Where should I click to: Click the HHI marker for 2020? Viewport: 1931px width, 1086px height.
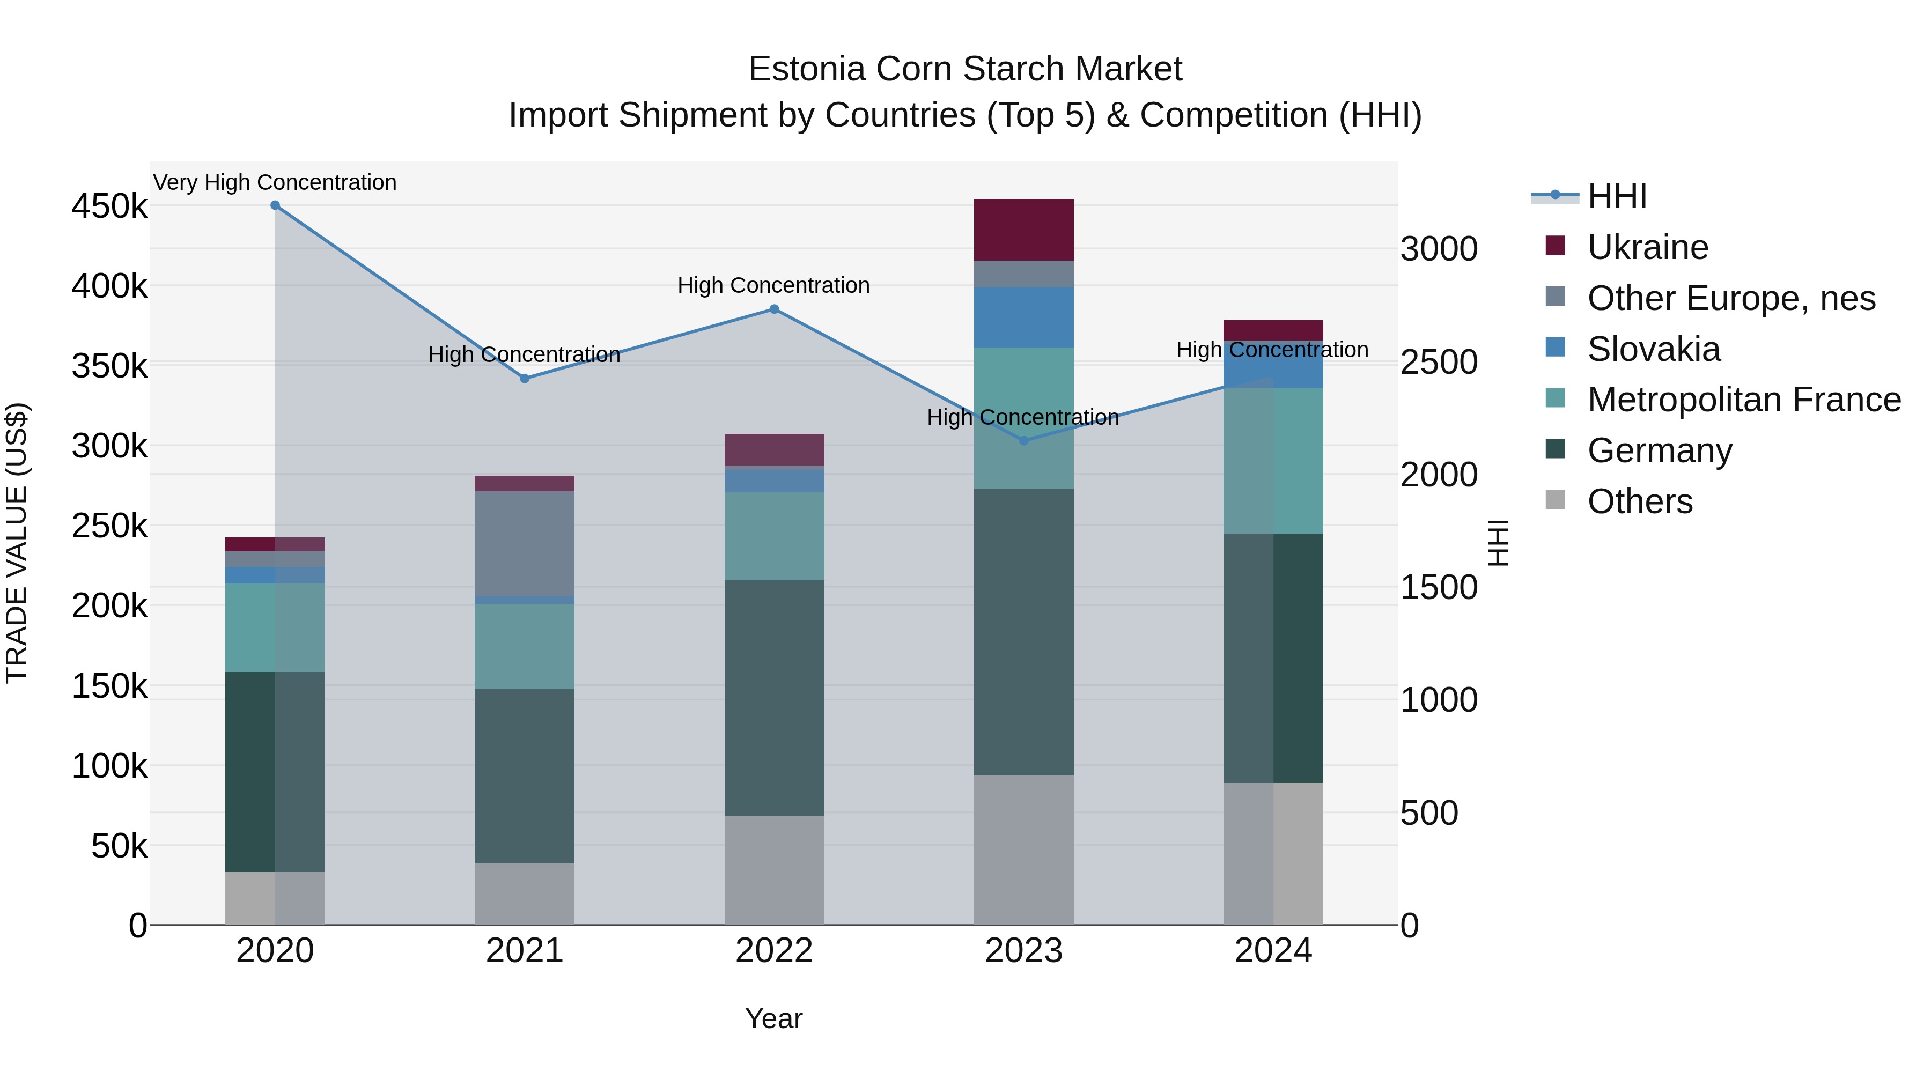275,205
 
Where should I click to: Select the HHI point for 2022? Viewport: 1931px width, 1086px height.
775,309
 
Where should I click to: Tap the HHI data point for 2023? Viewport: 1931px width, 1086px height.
1024,441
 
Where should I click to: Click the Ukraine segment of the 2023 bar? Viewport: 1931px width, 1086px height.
1024,230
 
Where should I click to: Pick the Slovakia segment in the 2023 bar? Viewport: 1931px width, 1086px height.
1024,317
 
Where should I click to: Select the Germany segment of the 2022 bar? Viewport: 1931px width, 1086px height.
775,697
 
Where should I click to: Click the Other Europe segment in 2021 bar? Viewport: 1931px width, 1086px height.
525,543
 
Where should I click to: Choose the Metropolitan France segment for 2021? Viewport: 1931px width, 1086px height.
525,646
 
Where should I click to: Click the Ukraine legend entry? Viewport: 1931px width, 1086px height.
1648,247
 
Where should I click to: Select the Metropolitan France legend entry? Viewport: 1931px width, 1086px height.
1744,400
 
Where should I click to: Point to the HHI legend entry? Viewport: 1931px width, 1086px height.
1617,196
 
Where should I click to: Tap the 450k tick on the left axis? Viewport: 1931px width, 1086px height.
109,206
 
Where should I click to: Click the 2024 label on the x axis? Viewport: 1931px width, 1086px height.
1273,951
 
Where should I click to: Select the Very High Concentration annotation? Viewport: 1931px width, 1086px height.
275,182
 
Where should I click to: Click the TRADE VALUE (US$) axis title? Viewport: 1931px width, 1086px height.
17,543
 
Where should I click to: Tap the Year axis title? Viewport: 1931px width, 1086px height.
773,1018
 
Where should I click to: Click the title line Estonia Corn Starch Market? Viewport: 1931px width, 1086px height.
965,69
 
